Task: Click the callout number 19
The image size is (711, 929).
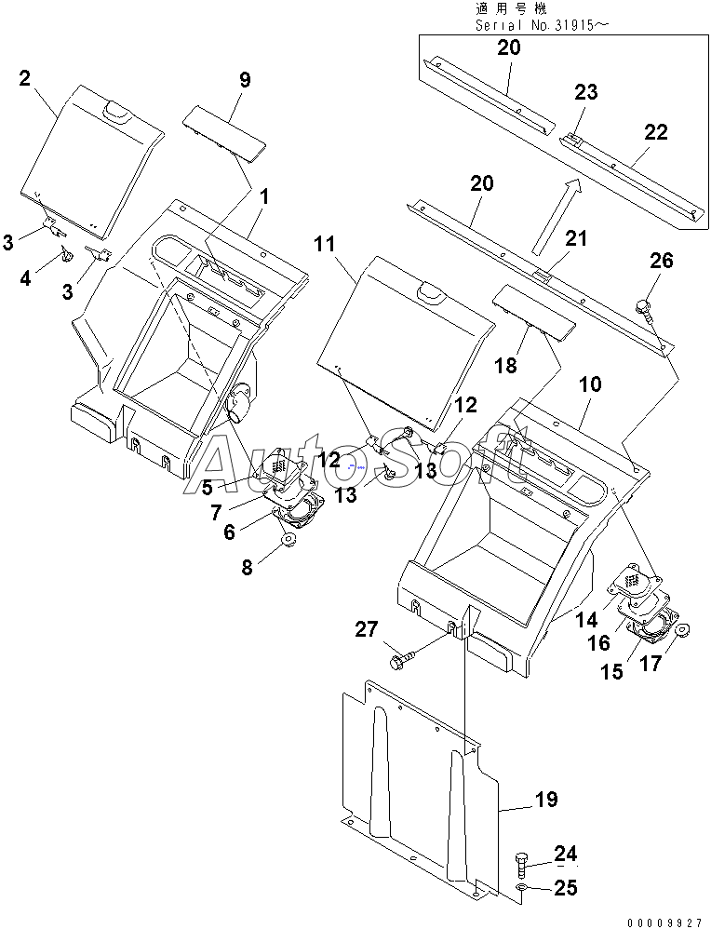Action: coord(546,800)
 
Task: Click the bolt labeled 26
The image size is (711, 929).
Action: coord(642,306)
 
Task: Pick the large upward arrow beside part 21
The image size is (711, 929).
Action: coord(557,217)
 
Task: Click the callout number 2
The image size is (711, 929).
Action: coord(24,77)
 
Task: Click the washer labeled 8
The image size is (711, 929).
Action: coord(289,540)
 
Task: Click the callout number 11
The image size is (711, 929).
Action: coord(325,244)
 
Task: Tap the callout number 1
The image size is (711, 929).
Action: coord(264,196)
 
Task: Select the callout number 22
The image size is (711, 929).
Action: coord(655,131)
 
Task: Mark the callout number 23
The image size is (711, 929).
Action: coord(585,92)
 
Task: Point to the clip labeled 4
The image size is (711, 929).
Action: coord(67,256)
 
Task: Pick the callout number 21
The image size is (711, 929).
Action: coord(575,238)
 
